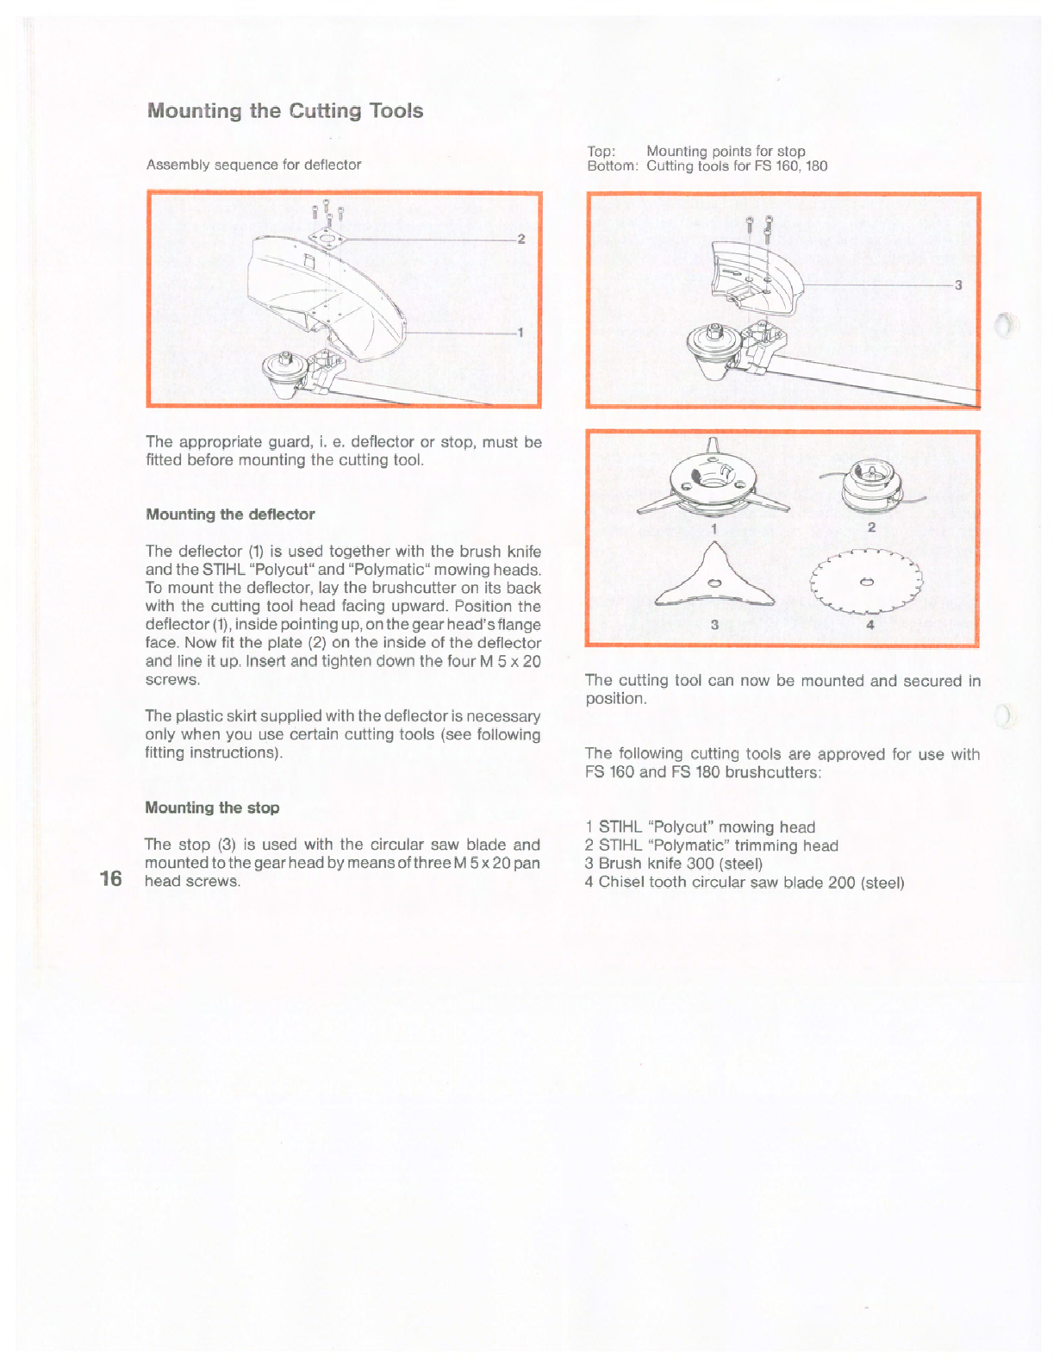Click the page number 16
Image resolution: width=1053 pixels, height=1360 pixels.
[110, 878]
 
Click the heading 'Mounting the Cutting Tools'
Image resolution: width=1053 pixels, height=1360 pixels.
[285, 111]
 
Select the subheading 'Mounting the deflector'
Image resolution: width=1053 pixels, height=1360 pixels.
[230, 515]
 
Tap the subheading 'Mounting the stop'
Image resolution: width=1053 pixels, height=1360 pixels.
[212, 808]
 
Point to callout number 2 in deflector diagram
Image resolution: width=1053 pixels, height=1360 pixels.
[520, 239]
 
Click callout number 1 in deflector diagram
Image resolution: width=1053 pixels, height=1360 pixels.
[520, 332]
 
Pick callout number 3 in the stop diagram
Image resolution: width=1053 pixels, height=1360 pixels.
[958, 285]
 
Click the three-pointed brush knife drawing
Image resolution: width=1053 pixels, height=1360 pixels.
[713, 581]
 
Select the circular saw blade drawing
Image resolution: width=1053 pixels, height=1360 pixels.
[867, 582]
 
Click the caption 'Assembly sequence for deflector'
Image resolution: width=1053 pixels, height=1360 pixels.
[253, 165]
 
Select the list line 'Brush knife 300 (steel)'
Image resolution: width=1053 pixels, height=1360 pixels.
[674, 864]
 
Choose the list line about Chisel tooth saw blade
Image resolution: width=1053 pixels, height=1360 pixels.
[745, 883]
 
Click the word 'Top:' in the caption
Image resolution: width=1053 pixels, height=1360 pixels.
[601, 152]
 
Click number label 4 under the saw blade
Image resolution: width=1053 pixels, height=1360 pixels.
[870, 625]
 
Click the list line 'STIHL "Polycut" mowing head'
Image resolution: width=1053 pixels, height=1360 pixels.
[700, 827]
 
